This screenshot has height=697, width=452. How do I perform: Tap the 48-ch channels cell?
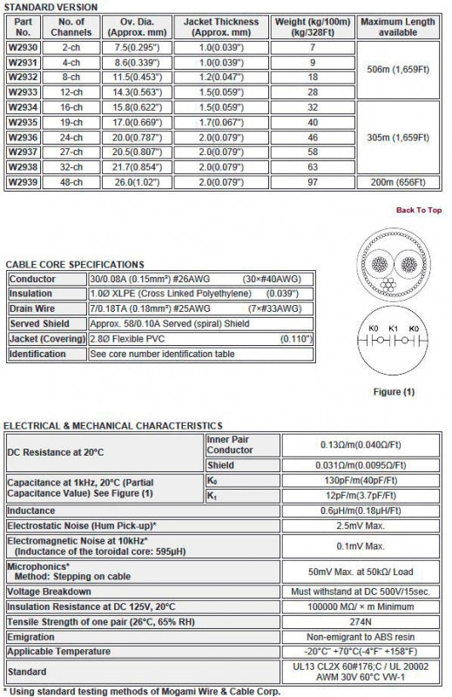point(71,181)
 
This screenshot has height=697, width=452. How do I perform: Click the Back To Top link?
point(419,210)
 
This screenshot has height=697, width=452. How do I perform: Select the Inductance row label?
point(33,511)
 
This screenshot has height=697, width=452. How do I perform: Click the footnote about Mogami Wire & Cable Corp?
point(141,690)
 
